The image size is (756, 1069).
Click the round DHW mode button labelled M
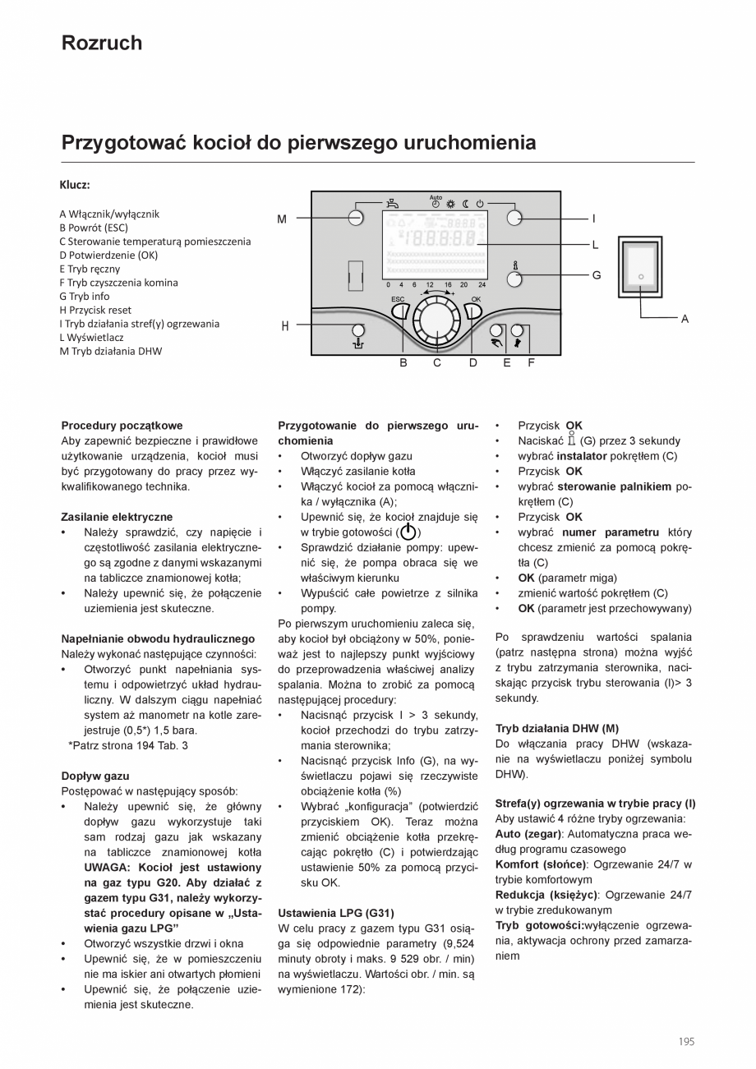(355, 218)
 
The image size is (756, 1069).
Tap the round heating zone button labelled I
(514, 218)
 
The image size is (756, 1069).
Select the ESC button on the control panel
(399, 310)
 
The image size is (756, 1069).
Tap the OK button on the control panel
(474, 310)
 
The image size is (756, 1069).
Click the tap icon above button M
(394, 203)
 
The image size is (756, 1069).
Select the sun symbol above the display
(450, 203)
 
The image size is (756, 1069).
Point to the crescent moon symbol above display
(465, 203)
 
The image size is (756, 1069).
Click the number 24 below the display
(482, 284)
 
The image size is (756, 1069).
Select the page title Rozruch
(101, 43)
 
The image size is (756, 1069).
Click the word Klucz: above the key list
(75, 185)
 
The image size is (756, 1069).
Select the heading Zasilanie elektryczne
(117, 517)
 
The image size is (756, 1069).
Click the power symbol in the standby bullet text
(408, 532)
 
